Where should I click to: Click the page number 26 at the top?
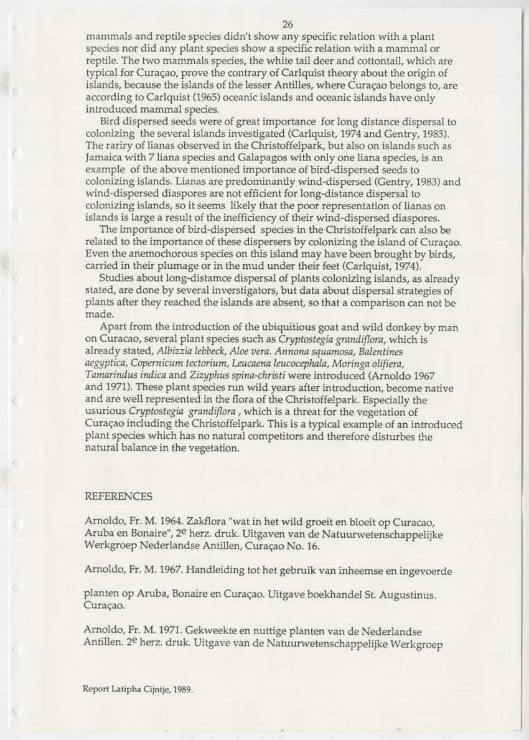point(287,25)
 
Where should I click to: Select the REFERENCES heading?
point(118,497)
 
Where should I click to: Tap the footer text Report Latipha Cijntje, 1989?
point(138,689)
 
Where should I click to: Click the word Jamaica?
point(105,156)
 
